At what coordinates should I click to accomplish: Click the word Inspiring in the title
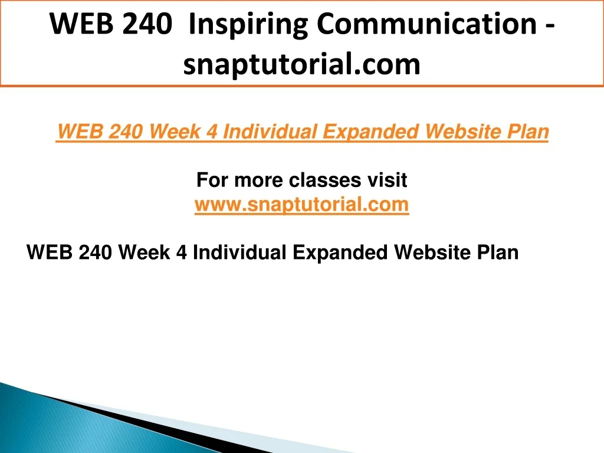[248, 25]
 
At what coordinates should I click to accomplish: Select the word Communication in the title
[427, 24]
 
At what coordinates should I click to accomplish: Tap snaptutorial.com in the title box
[301, 64]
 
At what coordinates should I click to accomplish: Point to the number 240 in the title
[148, 24]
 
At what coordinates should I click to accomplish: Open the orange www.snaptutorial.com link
[301, 205]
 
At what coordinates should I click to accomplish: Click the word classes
[325, 180]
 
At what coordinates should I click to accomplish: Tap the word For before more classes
[212, 180]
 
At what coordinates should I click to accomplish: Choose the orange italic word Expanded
[371, 132]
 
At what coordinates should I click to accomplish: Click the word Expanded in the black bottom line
[340, 253]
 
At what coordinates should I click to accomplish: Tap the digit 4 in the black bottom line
[181, 252]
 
